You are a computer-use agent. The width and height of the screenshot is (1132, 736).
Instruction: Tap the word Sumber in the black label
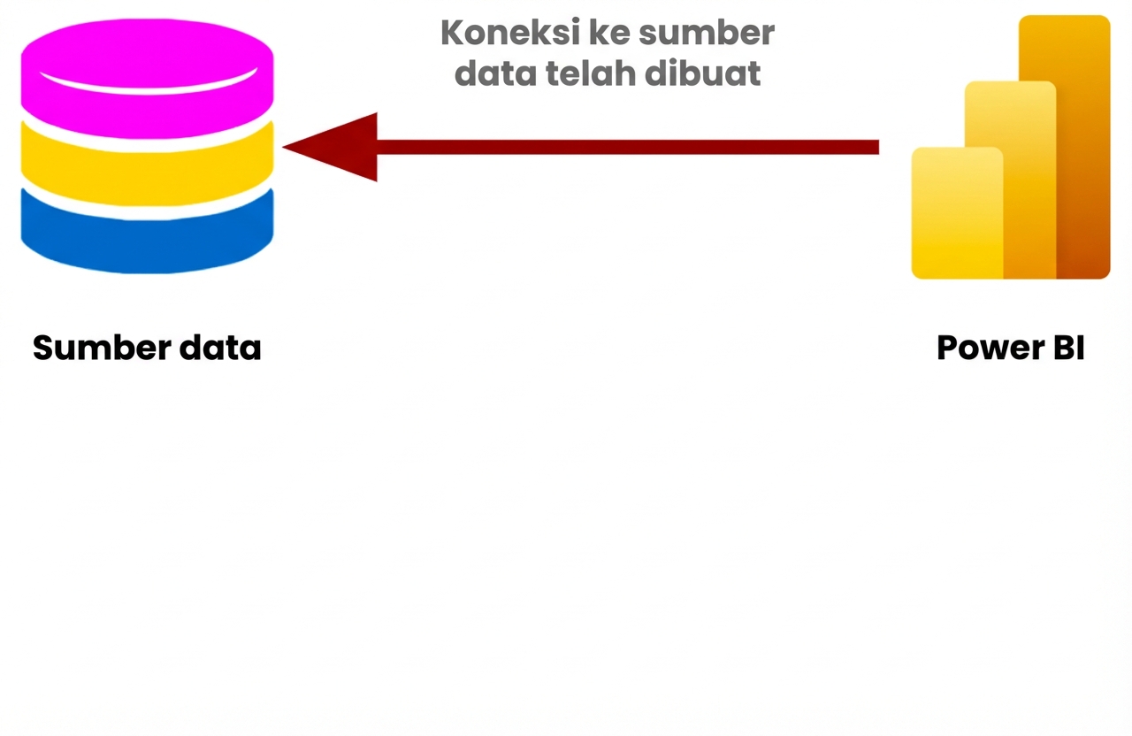[x=88, y=348]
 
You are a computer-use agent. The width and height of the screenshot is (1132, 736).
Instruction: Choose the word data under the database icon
[x=220, y=348]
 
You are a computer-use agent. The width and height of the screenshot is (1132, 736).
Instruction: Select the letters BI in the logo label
[x=1068, y=348]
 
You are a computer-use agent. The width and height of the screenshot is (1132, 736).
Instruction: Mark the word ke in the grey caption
[x=609, y=34]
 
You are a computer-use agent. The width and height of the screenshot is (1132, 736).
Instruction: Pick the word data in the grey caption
[x=495, y=73]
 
